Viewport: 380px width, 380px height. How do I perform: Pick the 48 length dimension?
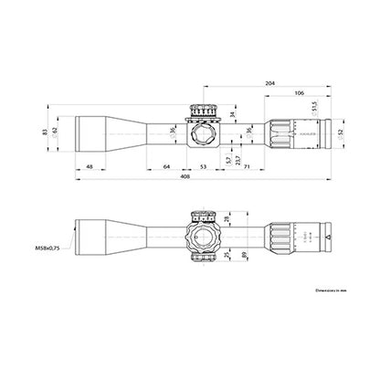[89, 167]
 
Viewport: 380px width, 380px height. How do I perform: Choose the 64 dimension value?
[166, 167]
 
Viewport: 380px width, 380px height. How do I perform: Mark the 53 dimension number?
[203, 167]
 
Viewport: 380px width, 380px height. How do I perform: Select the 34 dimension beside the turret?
[233, 114]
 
